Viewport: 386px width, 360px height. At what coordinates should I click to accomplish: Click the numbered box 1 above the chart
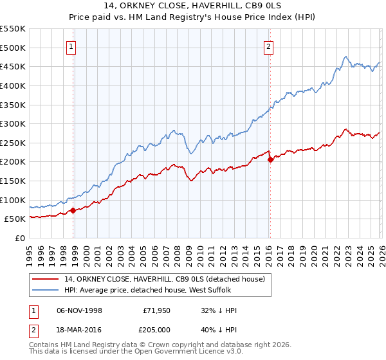click(x=71, y=46)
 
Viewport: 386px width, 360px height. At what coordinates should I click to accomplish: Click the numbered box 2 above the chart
click(x=268, y=46)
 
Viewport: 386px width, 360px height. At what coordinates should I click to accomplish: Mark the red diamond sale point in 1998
click(x=73, y=210)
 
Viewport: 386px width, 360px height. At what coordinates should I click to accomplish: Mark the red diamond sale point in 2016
click(x=270, y=159)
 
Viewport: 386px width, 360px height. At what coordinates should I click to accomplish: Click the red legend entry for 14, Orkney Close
click(x=154, y=278)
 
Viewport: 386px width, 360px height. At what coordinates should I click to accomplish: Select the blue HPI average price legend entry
click(x=148, y=290)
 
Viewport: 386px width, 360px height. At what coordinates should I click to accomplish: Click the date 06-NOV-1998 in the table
click(x=80, y=310)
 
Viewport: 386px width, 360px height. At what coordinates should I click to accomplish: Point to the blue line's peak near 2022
click(x=345, y=57)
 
